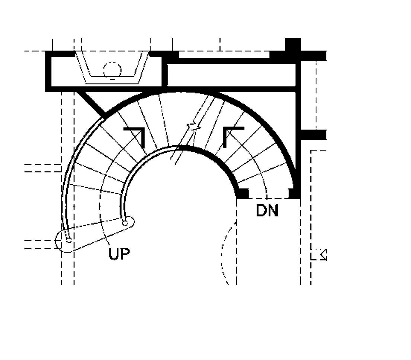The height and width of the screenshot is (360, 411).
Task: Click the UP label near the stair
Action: click(x=119, y=253)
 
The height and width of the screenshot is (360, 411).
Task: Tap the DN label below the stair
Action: click(x=267, y=211)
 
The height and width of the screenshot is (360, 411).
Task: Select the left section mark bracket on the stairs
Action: click(x=136, y=135)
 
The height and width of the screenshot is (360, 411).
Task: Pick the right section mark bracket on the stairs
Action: click(x=232, y=135)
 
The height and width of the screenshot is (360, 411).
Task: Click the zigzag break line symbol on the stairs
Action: click(x=193, y=128)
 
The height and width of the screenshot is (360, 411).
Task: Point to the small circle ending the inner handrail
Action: click(x=126, y=223)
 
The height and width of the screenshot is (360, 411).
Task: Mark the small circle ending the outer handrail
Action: click(x=69, y=239)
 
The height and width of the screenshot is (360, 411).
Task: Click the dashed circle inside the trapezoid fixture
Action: click(x=112, y=70)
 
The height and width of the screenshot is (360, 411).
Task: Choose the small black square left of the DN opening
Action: click(x=243, y=193)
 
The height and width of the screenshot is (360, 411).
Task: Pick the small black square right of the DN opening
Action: click(x=294, y=193)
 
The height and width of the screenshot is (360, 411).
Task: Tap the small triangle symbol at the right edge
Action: click(x=323, y=255)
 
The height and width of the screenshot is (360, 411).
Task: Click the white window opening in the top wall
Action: click(x=224, y=54)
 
